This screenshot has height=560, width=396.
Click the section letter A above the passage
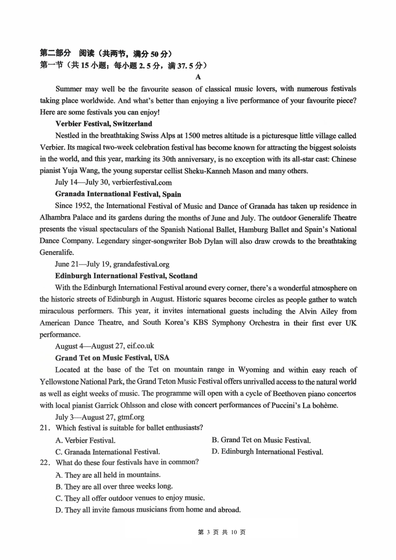[x=198, y=77]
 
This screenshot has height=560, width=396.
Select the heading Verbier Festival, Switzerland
[x=103, y=124]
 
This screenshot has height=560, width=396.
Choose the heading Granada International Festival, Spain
[x=118, y=194]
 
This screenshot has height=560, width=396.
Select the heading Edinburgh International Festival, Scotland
[x=126, y=276]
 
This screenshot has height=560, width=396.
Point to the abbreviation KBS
[x=201, y=323]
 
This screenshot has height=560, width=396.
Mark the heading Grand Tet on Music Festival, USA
[x=112, y=358]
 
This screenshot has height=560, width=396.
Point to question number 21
[x=45, y=428]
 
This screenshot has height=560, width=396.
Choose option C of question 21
[x=107, y=452]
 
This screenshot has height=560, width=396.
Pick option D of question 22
[x=148, y=510]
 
